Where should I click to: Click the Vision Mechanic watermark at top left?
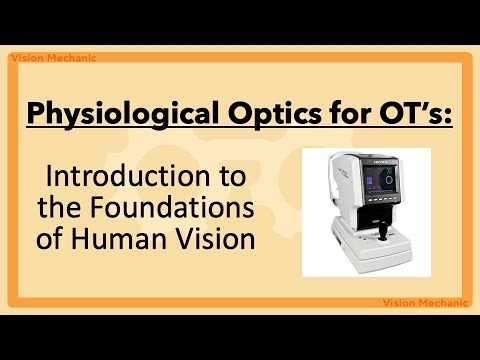click(x=53, y=57)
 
